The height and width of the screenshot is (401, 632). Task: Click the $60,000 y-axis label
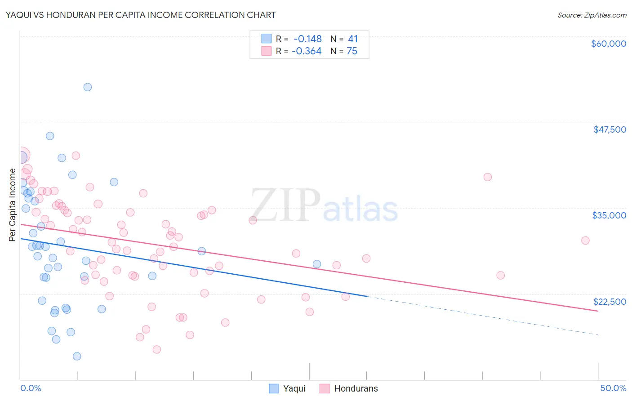(x=608, y=44)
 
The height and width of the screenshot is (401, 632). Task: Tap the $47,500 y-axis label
(x=610, y=129)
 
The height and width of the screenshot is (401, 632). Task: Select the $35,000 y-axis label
(x=609, y=215)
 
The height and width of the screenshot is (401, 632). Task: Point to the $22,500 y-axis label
(x=610, y=302)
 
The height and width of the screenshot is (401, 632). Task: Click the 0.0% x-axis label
(x=31, y=388)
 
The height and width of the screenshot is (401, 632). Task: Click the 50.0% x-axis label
(x=613, y=388)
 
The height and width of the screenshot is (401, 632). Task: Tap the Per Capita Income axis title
(x=13, y=205)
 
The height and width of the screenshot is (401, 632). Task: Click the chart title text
(x=141, y=15)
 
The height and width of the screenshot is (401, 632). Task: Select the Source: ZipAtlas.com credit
(x=592, y=15)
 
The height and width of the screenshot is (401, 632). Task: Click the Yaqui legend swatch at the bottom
(x=274, y=388)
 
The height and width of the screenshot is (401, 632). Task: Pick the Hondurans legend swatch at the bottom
(x=325, y=388)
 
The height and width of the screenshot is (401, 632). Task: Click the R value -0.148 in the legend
(x=307, y=39)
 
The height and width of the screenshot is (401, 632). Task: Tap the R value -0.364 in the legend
(x=307, y=51)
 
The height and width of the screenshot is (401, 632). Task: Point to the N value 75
(x=352, y=51)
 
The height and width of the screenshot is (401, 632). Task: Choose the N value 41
(x=353, y=39)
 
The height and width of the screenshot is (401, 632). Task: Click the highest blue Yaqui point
(x=88, y=87)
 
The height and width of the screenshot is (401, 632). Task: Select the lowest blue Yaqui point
(x=77, y=356)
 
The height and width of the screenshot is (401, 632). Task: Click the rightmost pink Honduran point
(x=585, y=241)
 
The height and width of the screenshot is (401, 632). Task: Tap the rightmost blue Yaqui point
(x=317, y=264)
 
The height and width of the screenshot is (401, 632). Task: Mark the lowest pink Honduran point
(x=157, y=349)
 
